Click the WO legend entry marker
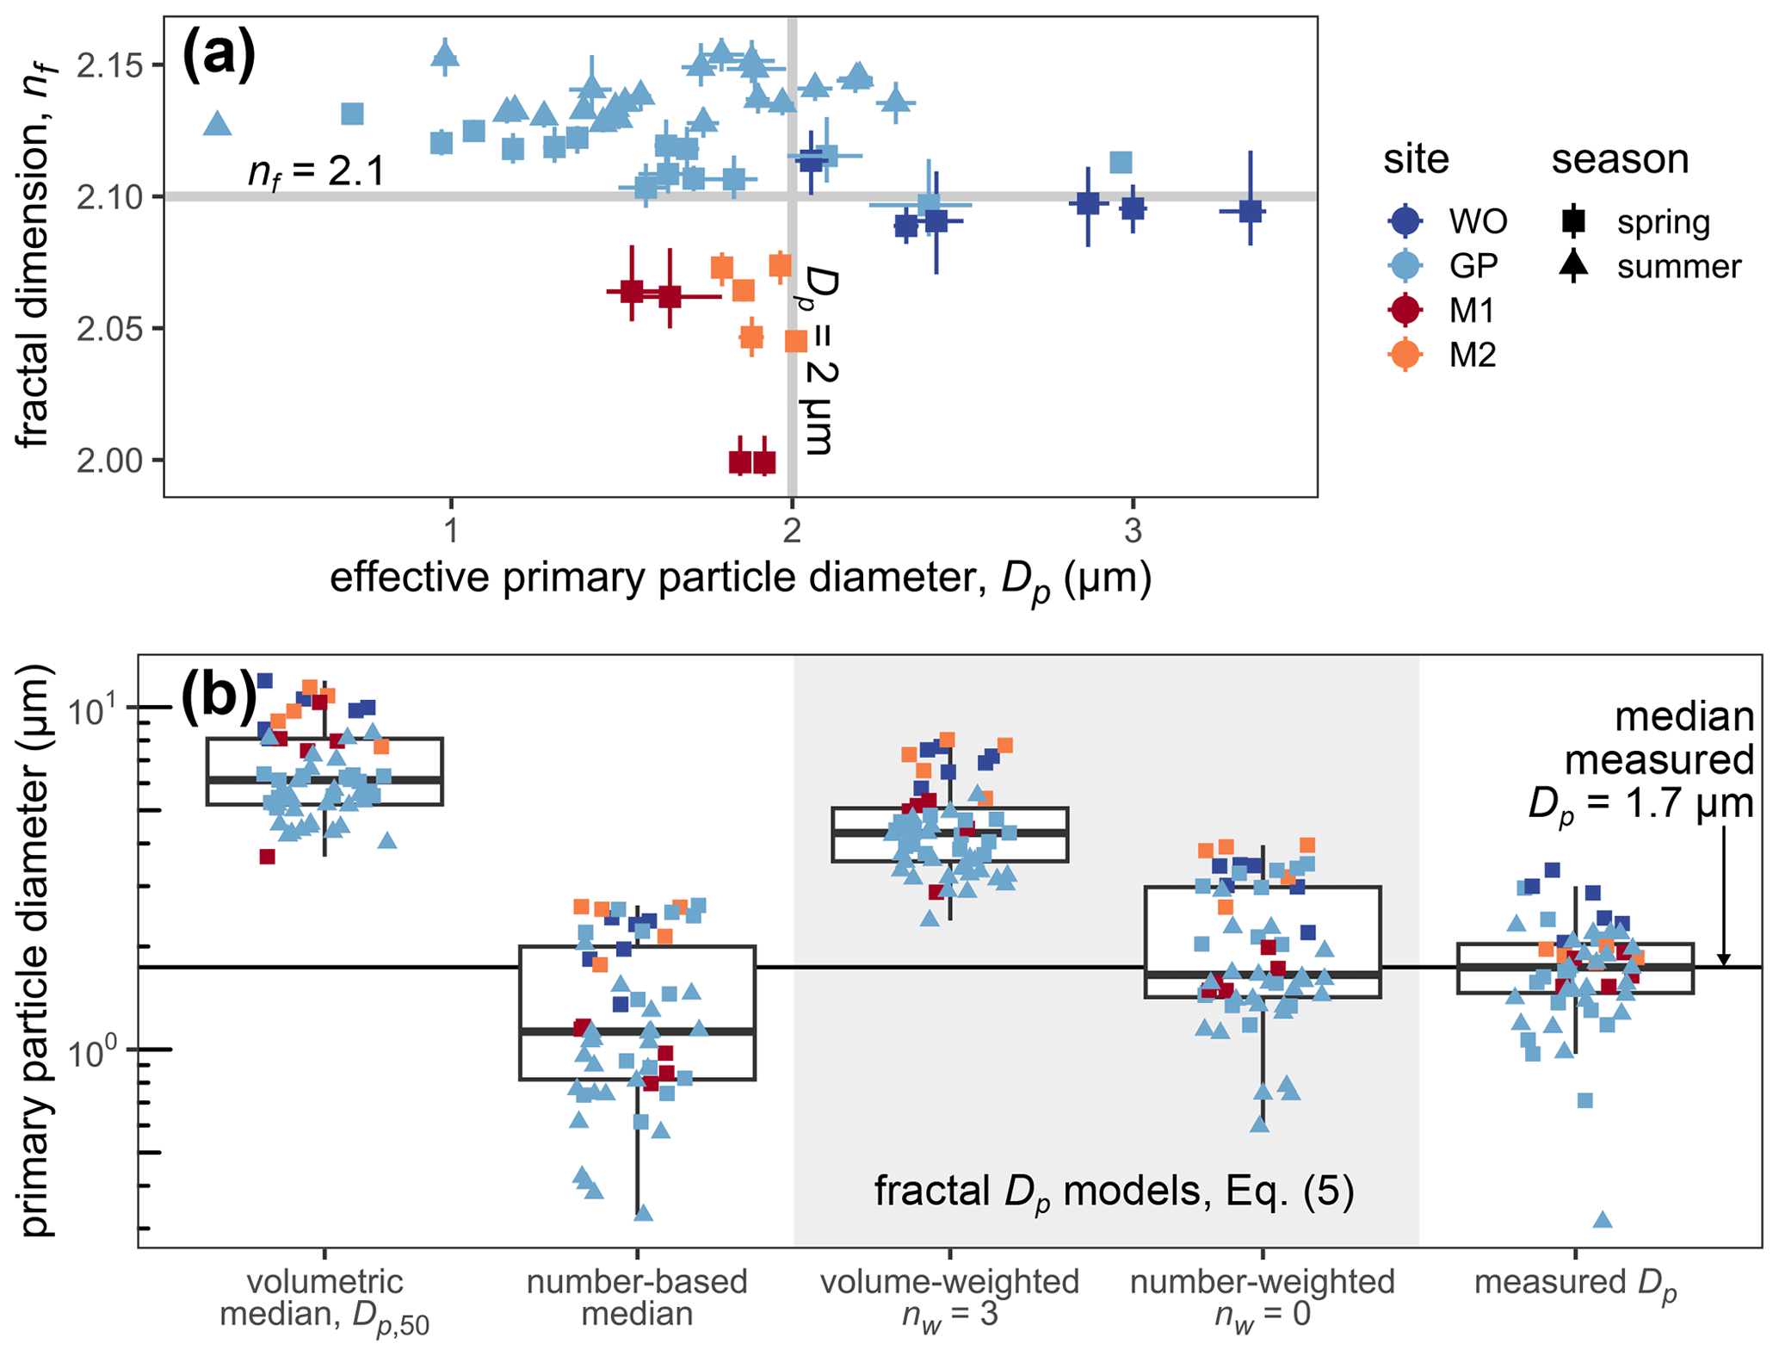1405,221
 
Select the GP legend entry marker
1405,265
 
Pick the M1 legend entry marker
1405,310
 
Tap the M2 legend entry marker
1405,355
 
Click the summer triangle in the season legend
1573,266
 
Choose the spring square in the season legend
1573,221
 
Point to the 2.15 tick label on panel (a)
109,65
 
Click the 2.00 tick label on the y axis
109,461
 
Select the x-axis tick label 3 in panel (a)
1133,531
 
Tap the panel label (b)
219,697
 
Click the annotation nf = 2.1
316,172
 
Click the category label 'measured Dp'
1575,1283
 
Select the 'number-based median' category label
637,1297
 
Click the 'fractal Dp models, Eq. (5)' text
1114,1192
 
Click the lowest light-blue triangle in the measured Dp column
1603,1219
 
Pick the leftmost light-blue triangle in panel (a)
218,124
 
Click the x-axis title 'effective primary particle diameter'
740,579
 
